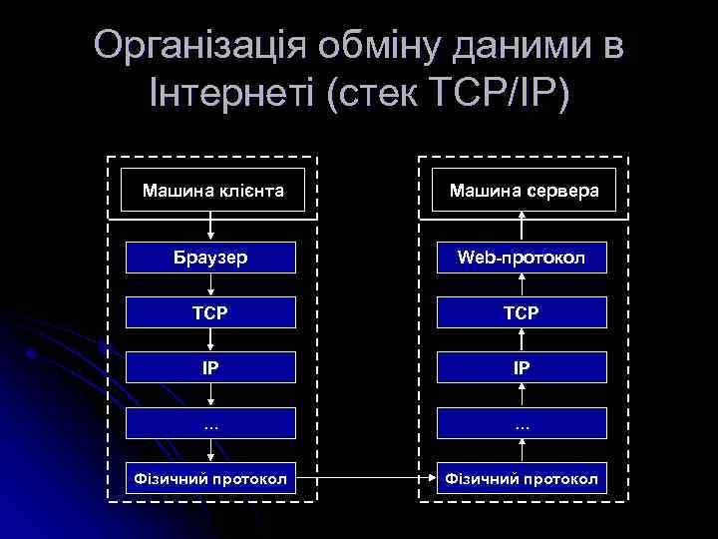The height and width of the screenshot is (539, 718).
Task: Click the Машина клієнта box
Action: (211, 189)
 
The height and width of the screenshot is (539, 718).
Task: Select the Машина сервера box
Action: (524, 189)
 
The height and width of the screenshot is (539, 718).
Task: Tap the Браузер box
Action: (211, 258)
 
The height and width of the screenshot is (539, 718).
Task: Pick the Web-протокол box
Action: (524, 258)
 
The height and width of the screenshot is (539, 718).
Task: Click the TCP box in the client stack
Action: (211, 312)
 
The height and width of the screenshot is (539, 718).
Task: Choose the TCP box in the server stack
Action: (524, 312)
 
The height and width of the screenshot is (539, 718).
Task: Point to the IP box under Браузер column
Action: (211, 367)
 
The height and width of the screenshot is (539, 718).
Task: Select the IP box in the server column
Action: (524, 367)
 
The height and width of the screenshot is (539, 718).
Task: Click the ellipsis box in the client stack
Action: (211, 422)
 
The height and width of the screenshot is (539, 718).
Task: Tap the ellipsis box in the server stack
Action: (524, 422)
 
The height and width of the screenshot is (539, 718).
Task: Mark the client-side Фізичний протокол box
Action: (211, 480)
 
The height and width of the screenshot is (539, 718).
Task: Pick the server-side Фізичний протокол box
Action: (524, 480)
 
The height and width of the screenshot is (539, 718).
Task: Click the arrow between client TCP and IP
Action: (211, 339)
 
